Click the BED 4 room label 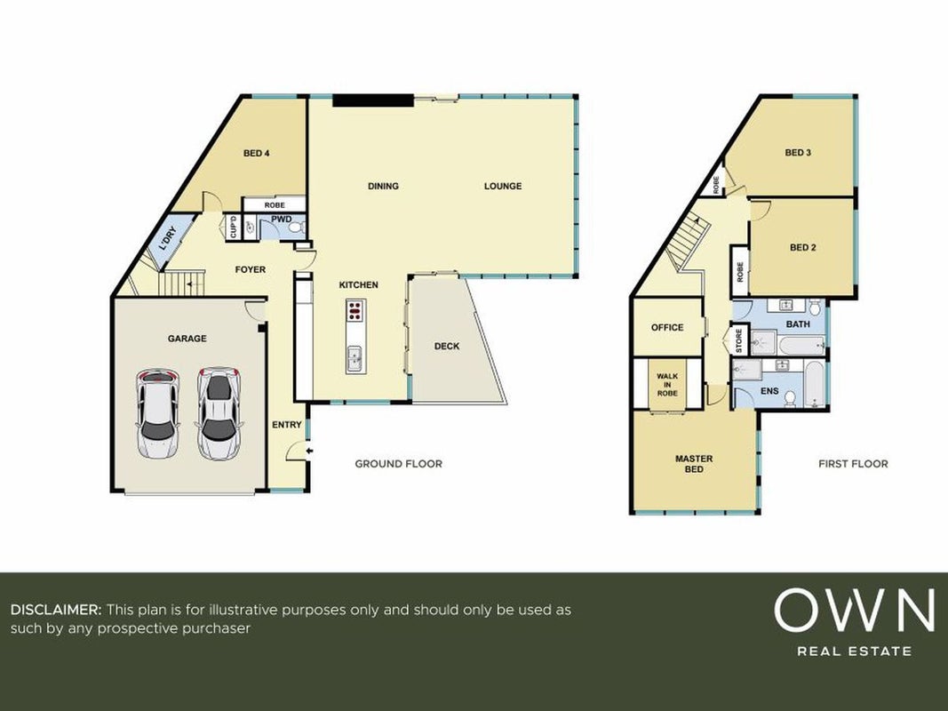click(x=257, y=154)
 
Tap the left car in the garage click(x=157, y=414)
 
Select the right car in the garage click(x=219, y=413)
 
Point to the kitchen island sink click(x=355, y=358)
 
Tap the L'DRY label click(x=167, y=238)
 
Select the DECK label click(x=447, y=347)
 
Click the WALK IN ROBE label click(x=667, y=385)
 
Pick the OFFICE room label click(x=667, y=328)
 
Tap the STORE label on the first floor click(x=739, y=340)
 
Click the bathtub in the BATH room click(x=801, y=346)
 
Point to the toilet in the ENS click(x=790, y=398)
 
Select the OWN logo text click(x=855, y=611)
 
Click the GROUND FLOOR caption click(x=398, y=464)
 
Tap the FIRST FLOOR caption click(x=853, y=464)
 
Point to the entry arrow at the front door click(x=309, y=451)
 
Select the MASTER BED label click(x=694, y=464)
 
